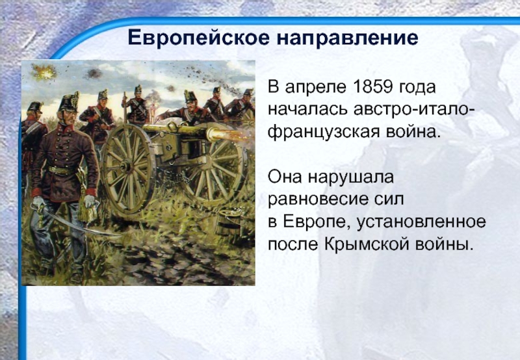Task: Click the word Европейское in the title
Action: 199,38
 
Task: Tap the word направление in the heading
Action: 347,38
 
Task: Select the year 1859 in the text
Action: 372,87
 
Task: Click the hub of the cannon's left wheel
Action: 126,166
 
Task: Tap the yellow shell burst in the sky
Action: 44,71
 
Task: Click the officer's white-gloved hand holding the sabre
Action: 39,202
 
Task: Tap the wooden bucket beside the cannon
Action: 228,223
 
